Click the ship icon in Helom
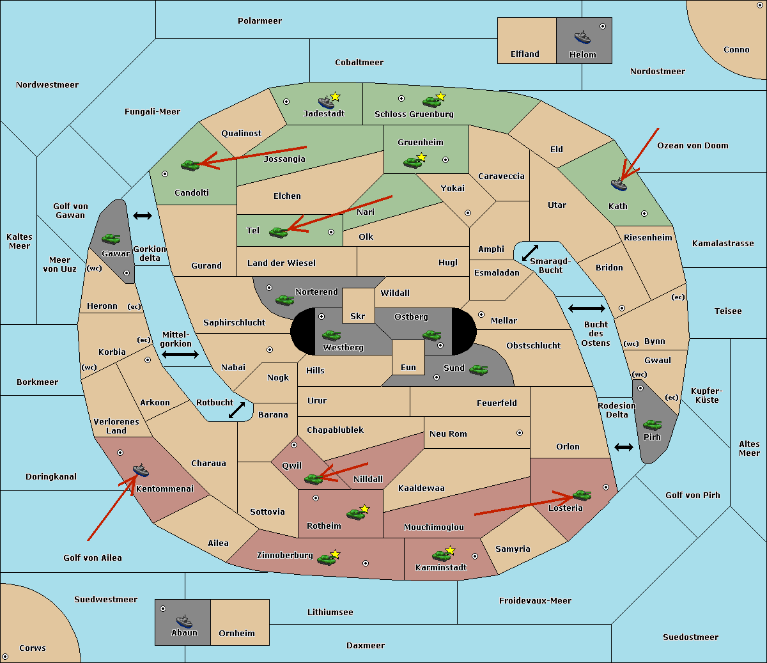point(582,37)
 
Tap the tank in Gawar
point(111,238)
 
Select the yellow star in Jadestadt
point(335,97)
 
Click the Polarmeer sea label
point(260,21)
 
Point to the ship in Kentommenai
point(141,470)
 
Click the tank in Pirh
point(652,425)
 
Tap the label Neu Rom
point(448,433)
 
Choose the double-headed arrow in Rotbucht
point(236,410)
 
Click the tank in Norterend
point(284,300)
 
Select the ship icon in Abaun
point(184,621)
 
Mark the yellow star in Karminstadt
point(450,550)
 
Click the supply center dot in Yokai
point(468,213)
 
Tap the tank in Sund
point(478,370)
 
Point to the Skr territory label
point(357,316)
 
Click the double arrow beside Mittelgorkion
point(180,354)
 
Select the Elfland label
point(525,54)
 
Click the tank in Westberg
point(331,335)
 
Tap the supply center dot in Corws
point(5,656)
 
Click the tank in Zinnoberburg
point(326,559)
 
